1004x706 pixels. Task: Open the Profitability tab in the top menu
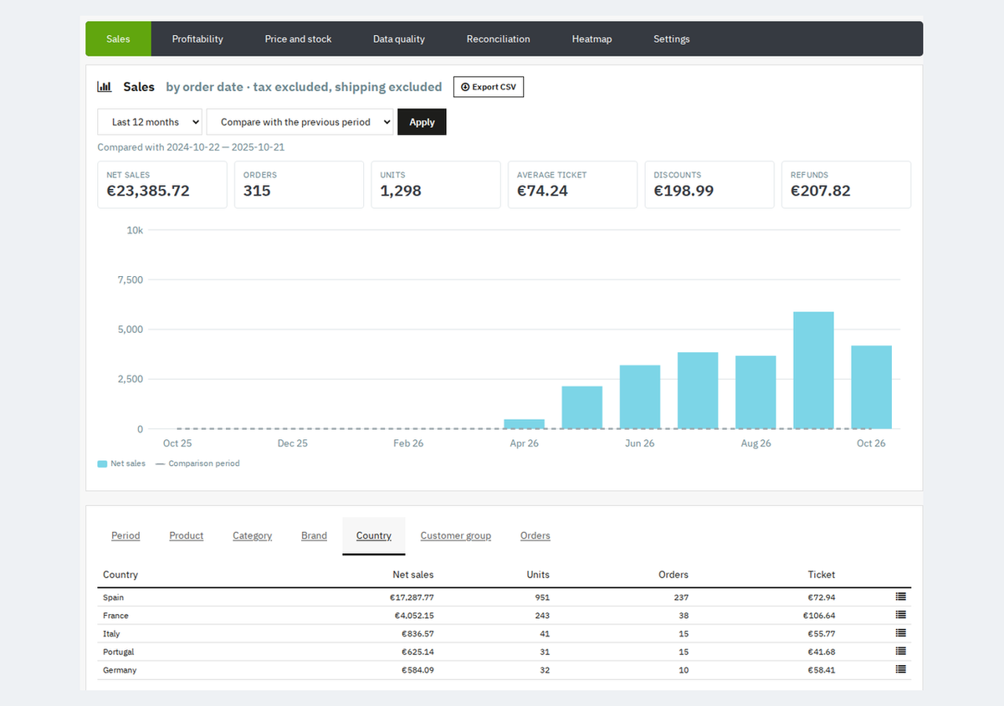coord(197,39)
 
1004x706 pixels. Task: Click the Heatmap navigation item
coord(592,39)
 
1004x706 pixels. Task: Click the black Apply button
coord(422,122)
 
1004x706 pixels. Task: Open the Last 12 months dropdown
coord(150,122)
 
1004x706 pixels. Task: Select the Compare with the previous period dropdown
coord(300,122)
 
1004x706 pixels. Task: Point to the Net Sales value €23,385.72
coord(148,191)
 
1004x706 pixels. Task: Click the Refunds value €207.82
coord(820,191)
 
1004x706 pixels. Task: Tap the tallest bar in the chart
coord(813,371)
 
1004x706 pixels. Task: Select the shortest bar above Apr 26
coord(524,424)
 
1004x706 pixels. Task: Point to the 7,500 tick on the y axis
coord(131,279)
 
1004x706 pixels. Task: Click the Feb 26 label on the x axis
coord(408,443)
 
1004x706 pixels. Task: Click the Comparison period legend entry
coord(197,463)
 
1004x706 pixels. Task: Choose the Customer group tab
coord(455,535)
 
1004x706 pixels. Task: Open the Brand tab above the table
coord(314,535)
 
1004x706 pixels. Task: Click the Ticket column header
coord(821,575)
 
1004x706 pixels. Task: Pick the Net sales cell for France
coord(414,616)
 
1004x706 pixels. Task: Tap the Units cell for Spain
coord(542,597)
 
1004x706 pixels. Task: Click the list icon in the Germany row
coord(901,669)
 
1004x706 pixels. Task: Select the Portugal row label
coord(118,652)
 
